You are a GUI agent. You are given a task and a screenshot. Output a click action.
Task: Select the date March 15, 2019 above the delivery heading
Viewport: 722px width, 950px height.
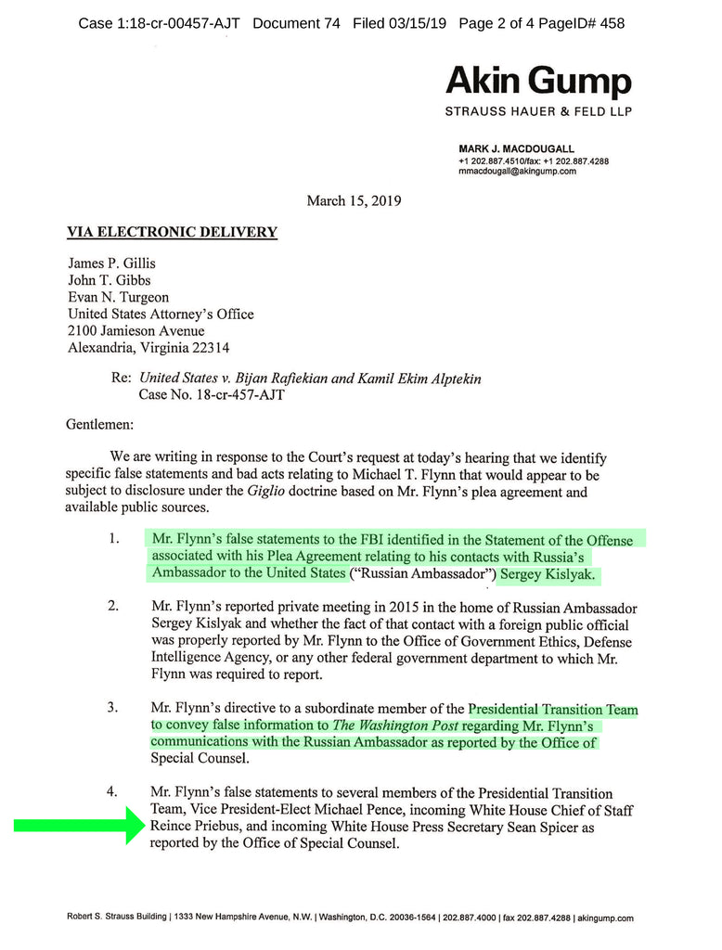(x=354, y=200)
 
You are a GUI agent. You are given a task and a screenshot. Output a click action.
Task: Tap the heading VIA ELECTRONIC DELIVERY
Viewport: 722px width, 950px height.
(x=172, y=232)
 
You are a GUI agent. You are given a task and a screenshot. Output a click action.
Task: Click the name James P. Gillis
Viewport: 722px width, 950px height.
(x=111, y=263)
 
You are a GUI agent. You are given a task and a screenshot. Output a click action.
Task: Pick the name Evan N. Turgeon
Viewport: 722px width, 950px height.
(x=119, y=297)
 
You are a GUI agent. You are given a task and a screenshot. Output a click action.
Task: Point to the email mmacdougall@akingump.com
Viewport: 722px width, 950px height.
(x=517, y=171)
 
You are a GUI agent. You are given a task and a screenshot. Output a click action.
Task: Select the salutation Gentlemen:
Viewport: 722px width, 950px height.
(x=100, y=424)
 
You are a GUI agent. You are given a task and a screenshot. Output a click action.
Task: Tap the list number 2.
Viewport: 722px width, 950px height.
(x=112, y=607)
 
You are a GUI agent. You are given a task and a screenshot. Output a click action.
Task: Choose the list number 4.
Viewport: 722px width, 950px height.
(x=112, y=793)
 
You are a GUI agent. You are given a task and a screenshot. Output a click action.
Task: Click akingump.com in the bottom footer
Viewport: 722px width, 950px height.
(x=605, y=918)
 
